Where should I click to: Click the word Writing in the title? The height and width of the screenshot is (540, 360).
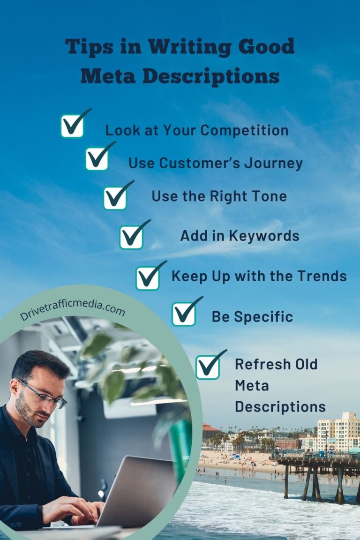pyautogui.click(x=189, y=47)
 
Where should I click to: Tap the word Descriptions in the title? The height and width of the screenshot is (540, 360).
pyautogui.click(x=211, y=76)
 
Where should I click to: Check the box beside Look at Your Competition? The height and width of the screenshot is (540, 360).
pyautogui.click(x=72, y=126)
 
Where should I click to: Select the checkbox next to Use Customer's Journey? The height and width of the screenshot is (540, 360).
pyautogui.click(x=97, y=158)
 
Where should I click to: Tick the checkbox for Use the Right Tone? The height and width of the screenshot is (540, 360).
pyautogui.click(x=115, y=198)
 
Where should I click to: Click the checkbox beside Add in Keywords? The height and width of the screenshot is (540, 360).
pyautogui.click(x=131, y=237)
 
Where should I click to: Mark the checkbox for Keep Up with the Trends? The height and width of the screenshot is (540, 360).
pyautogui.click(x=148, y=278)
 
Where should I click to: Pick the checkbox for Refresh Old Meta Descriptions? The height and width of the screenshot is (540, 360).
pyautogui.click(x=208, y=367)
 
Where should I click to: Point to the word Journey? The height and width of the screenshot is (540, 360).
pyautogui.click(x=274, y=163)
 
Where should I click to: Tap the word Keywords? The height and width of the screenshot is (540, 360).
pyautogui.click(x=264, y=236)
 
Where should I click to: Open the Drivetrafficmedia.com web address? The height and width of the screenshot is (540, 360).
pyautogui.click(x=72, y=310)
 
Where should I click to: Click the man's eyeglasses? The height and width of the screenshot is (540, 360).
pyautogui.click(x=43, y=393)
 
